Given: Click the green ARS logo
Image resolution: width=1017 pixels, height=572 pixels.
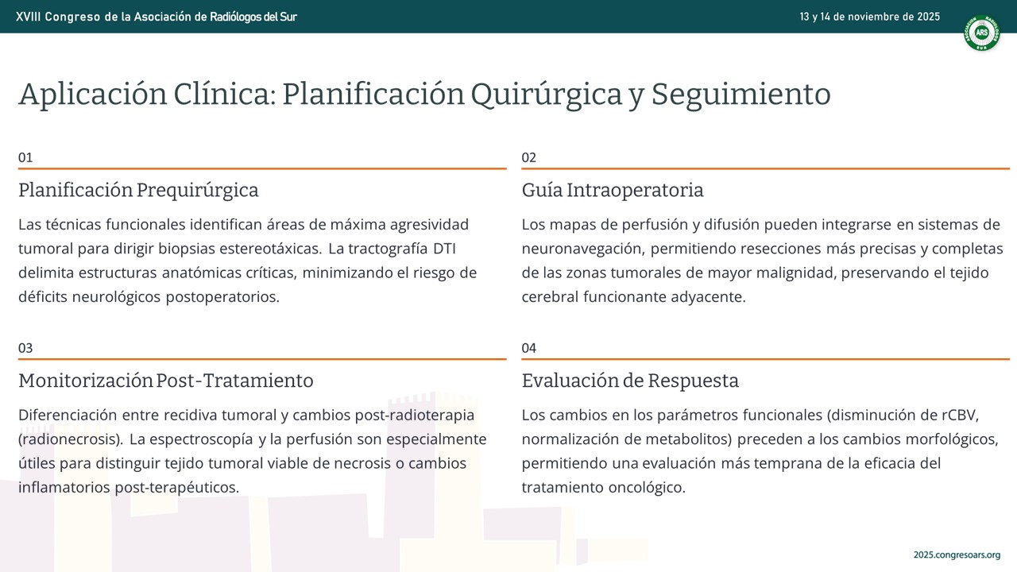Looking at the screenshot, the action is (981, 33).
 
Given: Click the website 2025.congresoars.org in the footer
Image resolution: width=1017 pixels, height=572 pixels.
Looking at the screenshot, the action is (957, 555).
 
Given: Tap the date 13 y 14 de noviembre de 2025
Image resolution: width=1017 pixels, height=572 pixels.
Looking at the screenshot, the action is (869, 17).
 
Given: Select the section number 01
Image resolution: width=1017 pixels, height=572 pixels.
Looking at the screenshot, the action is (25, 157).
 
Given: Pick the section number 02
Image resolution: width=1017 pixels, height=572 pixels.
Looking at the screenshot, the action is (529, 157).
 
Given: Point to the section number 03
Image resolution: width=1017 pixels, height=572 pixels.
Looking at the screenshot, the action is (25, 348).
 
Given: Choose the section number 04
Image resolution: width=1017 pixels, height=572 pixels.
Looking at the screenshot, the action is (529, 348).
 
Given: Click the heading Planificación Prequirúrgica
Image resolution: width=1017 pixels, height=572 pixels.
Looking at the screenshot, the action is (138, 190).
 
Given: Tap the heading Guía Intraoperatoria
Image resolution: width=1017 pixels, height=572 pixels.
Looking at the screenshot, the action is (613, 190).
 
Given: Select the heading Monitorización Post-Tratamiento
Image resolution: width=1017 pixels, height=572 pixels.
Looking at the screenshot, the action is (166, 381).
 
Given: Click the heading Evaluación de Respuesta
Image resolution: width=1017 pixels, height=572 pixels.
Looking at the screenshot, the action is (630, 381).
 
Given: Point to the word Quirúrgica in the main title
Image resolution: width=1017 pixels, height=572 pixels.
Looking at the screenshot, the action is (546, 95).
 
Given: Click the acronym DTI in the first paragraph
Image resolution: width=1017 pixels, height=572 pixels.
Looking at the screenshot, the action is (444, 249).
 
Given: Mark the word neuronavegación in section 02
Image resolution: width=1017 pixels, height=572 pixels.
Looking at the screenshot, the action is (582, 249).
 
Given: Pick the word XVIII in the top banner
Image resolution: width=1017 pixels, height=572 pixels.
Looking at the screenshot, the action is (28, 17).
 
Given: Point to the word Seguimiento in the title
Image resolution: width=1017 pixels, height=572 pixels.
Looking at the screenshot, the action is (741, 95).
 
